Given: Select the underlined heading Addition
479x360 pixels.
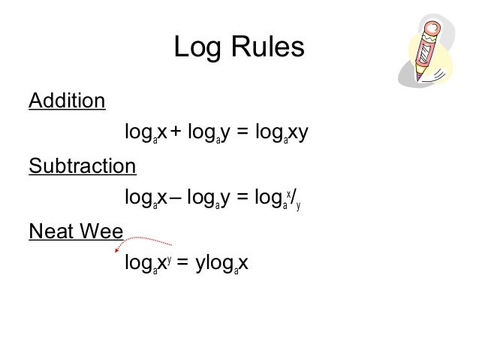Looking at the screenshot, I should point(67,100).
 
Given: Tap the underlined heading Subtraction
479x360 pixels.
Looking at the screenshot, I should point(83,165).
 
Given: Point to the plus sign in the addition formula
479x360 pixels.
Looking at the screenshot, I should point(175,133).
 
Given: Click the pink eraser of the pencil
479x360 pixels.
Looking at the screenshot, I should point(432,30).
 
